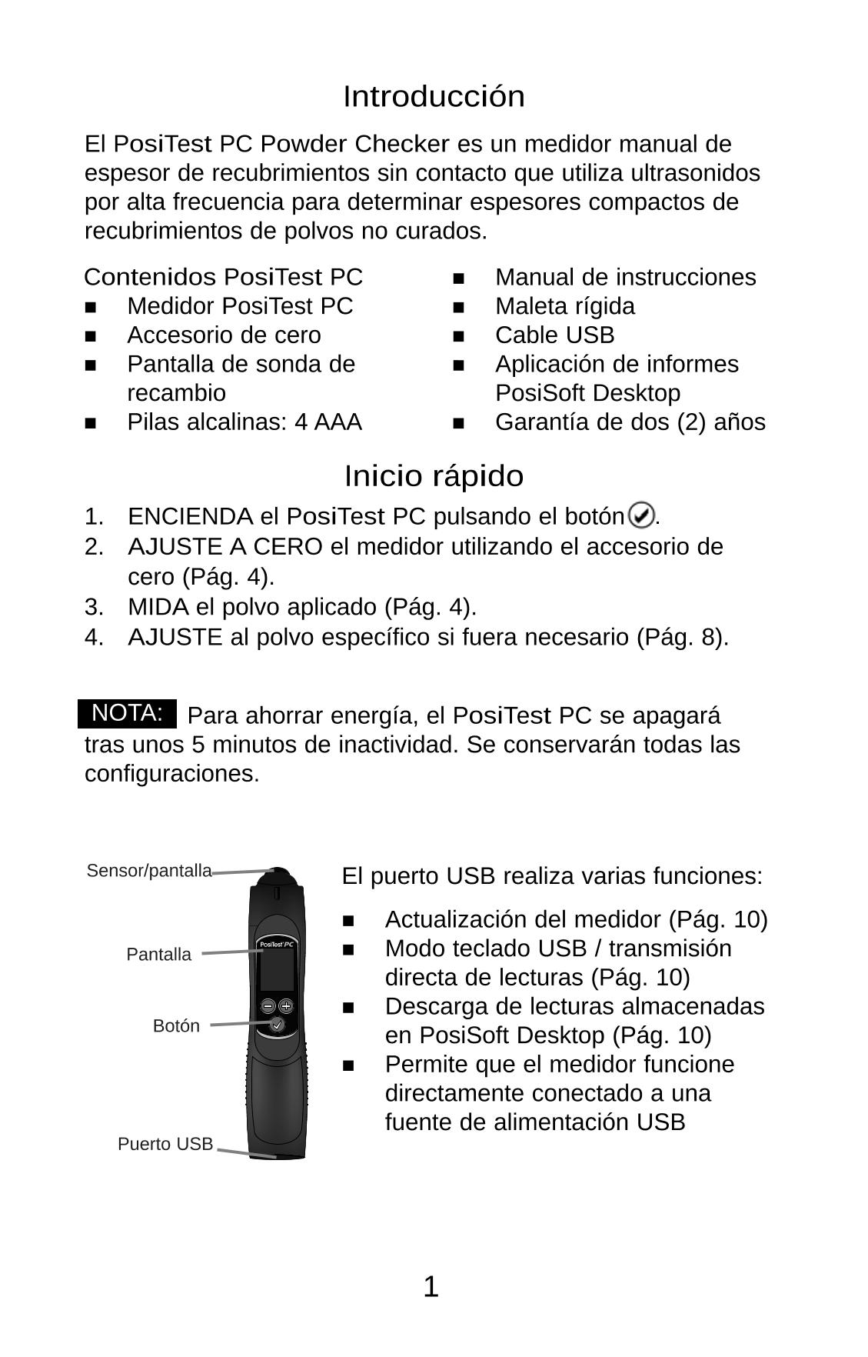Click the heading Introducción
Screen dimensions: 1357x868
(x=434, y=97)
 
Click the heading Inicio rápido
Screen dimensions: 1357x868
(x=434, y=476)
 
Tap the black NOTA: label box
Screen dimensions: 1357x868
(x=128, y=714)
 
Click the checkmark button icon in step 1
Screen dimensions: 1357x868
(x=641, y=515)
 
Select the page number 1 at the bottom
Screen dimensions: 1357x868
(x=431, y=1287)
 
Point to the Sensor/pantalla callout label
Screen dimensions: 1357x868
(x=149, y=871)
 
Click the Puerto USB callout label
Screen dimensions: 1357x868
(x=165, y=1145)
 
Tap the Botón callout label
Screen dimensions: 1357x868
(x=176, y=1026)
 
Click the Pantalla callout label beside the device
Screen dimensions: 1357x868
(x=158, y=955)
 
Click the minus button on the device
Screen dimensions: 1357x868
(x=268, y=1005)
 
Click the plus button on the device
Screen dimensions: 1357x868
(x=286, y=1005)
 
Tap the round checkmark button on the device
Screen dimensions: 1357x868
(x=277, y=1025)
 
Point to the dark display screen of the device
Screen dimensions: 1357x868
(x=277, y=971)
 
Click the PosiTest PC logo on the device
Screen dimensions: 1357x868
(x=277, y=944)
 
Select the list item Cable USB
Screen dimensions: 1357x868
(x=554, y=335)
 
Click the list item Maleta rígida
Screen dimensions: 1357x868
(x=565, y=306)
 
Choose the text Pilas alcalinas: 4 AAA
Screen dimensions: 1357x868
(x=244, y=422)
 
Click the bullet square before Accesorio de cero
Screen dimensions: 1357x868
(x=91, y=336)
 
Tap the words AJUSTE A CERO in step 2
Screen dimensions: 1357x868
(x=225, y=547)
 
